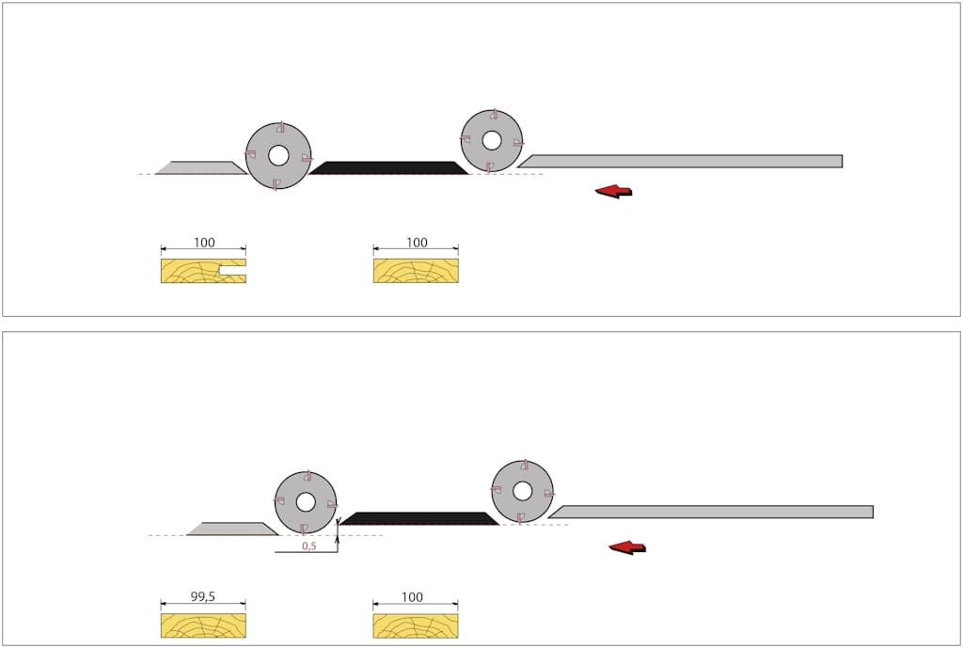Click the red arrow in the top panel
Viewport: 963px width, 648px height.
[x=613, y=191]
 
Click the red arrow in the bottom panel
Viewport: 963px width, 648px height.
[x=627, y=546]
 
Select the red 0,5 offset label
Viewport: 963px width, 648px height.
[x=308, y=545]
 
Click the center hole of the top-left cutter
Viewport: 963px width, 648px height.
[x=278, y=155]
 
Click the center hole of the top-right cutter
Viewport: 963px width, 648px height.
[x=492, y=140]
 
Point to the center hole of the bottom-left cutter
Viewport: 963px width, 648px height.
[x=306, y=502]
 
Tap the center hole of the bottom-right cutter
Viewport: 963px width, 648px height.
[x=522, y=491]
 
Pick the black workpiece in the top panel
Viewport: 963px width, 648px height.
[x=388, y=168]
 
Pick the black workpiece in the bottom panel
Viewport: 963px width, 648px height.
[x=419, y=518]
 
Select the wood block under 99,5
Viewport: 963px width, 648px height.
[x=203, y=625]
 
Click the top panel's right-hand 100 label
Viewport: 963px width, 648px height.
[x=416, y=243]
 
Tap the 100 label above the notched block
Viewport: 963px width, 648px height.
[x=203, y=243]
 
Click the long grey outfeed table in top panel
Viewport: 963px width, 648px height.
[x=682, y=162]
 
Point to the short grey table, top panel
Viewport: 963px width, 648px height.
[x=200, y=168]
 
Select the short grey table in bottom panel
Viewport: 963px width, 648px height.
[x=231, y=529]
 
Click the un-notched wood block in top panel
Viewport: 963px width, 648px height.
[x=416, y=271]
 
